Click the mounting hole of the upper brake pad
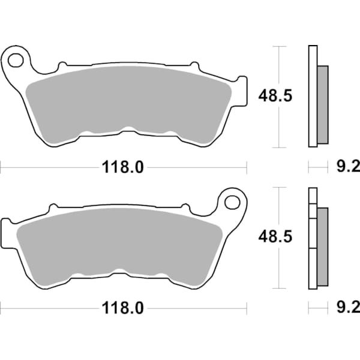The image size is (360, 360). (16, 59)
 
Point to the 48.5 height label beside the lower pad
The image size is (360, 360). (275, 238)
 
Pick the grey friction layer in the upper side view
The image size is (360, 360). (323, 105)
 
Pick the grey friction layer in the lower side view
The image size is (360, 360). (323, 246)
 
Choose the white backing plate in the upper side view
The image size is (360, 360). (312, 96)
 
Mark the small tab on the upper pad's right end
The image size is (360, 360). (241, 90)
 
